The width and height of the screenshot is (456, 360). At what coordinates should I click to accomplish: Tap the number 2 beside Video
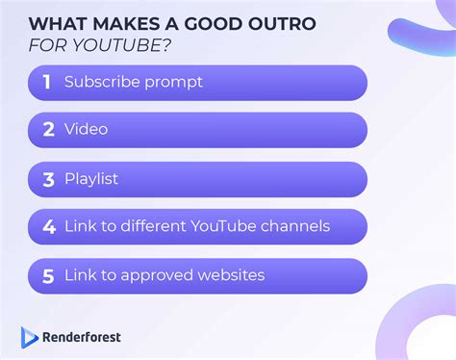tap(48, 130)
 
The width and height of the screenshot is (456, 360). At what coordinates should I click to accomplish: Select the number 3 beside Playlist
tap(48, 179)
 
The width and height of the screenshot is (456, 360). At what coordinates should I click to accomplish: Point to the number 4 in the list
tap(48, 227)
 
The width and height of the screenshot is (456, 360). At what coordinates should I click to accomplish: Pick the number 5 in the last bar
tap(48, 276)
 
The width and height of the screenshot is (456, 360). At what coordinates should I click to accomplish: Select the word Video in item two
tap(86, 130)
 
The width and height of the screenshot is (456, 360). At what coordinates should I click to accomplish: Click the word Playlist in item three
tap(92, 179)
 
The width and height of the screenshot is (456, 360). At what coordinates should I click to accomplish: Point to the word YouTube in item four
tap(222, 227)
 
